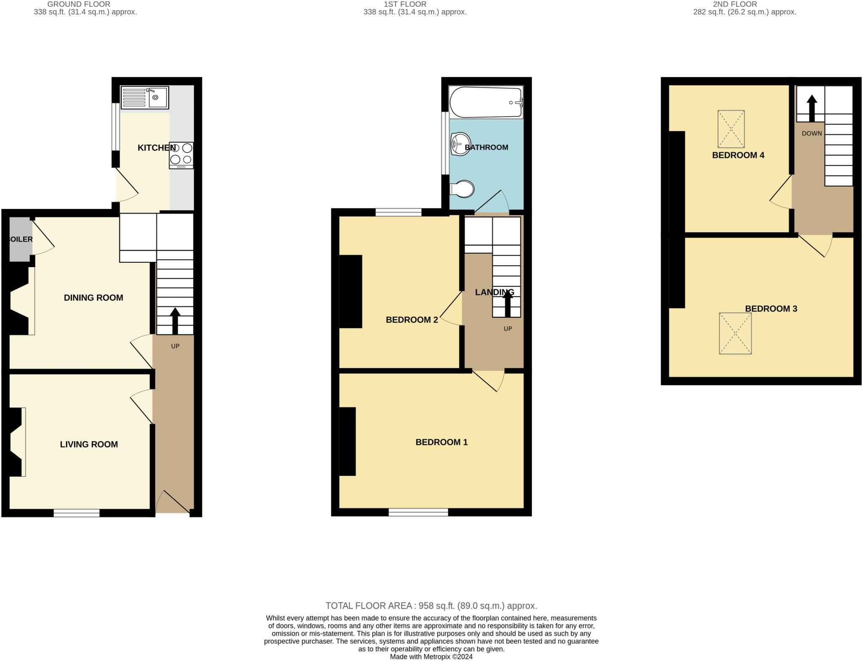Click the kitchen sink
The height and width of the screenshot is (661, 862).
point(144,98)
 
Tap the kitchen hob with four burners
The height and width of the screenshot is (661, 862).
point(181,155)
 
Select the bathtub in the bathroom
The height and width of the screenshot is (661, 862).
point(486,102)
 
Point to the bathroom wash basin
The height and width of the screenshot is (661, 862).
point(460,144)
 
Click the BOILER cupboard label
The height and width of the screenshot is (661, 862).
point(20,239)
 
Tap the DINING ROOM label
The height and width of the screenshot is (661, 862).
point(93,298)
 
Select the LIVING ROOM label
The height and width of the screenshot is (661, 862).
point(89,444)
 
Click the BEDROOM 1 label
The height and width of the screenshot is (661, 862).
point(442,442)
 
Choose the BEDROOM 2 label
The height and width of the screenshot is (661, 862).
point(412,320)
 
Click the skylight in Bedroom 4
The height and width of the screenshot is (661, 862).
point(731,129)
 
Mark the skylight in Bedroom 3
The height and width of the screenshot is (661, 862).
point(735,333)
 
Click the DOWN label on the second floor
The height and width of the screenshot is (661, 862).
point(811,134)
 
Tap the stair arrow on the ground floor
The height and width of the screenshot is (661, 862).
point(175,321)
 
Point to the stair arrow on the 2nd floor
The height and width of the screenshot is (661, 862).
point(811,108)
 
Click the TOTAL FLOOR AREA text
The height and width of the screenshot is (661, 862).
point(431,606)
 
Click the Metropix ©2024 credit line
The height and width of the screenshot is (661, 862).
point(431,657)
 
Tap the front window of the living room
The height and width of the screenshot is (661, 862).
point(77,513)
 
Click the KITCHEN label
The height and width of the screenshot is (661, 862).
point(157,148)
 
